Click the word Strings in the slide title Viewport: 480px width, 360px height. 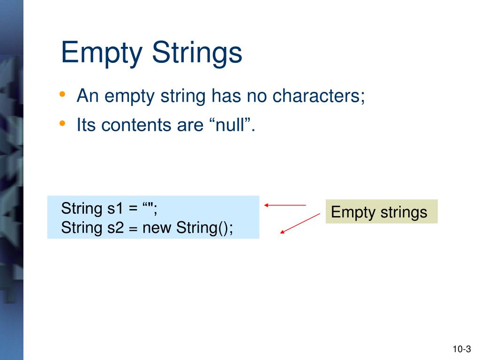tap(197, 53)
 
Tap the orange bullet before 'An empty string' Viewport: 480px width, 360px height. tap(63, 95)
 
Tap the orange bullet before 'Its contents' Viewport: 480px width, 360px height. tap(63, 123)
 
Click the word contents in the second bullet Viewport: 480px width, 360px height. tap(130, 125)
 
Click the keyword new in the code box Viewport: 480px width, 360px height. tap(157, 228)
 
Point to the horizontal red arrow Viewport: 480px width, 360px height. tap(285, 205)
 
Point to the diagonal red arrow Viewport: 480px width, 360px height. tap(300, 223)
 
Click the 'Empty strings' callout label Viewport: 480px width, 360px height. tap(381, 212)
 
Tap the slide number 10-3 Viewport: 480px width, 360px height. tap(461, 349)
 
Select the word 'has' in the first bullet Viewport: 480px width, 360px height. tap(225, 96)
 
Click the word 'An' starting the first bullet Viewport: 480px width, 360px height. tap(87, 96)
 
